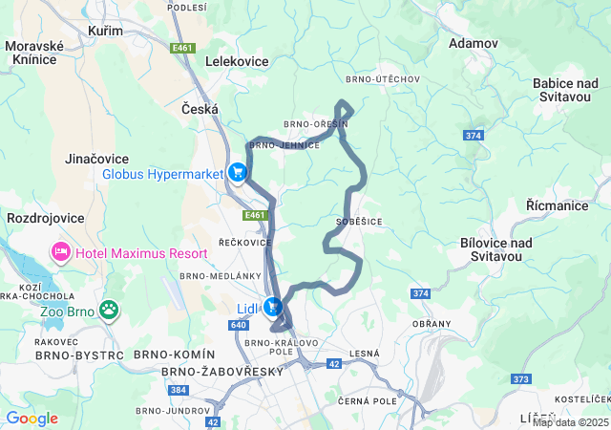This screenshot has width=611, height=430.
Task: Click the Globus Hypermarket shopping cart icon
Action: [x=237, y=173]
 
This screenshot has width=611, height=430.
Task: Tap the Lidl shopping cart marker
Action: [x=273, y=308]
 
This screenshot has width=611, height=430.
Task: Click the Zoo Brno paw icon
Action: [x=110, y=310]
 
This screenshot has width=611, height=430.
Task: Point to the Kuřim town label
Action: [x=105, y=32]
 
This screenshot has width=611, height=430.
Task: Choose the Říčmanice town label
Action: [x=557, y=205]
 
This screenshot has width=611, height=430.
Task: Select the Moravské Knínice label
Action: [x=33, y=53]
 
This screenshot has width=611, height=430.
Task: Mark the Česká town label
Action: [x=200, y=110]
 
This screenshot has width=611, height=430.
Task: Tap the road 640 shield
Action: [x=239, y=325]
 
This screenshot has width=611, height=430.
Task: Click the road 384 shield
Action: [x=179, y=391]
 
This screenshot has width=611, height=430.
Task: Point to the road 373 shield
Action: [x=520, y=379]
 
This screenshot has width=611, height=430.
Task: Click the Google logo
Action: [x=32, y=418]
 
